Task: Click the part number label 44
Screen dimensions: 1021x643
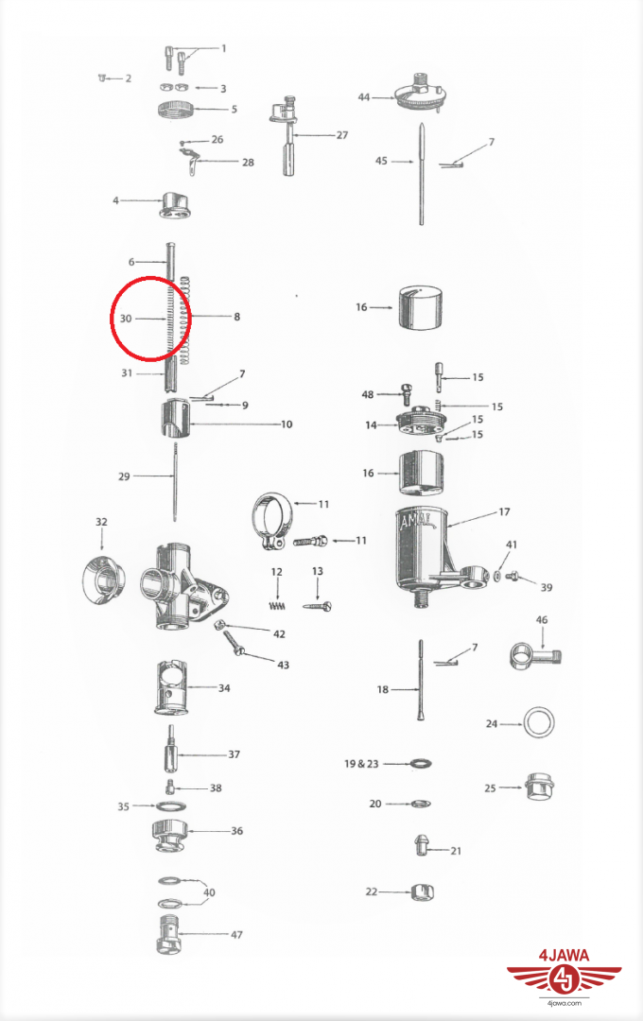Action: (x=364, y=97)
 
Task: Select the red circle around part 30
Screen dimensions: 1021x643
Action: (x=151, y=319)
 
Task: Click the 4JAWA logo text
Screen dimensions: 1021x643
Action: (x=564, y=956)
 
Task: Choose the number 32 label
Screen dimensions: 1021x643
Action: (x=101, y=522)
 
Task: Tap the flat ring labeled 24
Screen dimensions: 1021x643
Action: (x=539, y=724)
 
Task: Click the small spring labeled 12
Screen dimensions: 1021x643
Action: (x=277, y=605)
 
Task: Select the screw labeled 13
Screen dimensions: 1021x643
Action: (x=316, y=606)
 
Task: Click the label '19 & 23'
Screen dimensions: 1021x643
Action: (x=360, y=762)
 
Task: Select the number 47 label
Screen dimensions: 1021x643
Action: (x=236, y=934)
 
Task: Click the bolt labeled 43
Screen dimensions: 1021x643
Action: (x=235, y=647)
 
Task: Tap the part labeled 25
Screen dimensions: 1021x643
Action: (x=537, y=787)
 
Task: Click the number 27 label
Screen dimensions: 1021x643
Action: (x=341, y=135)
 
